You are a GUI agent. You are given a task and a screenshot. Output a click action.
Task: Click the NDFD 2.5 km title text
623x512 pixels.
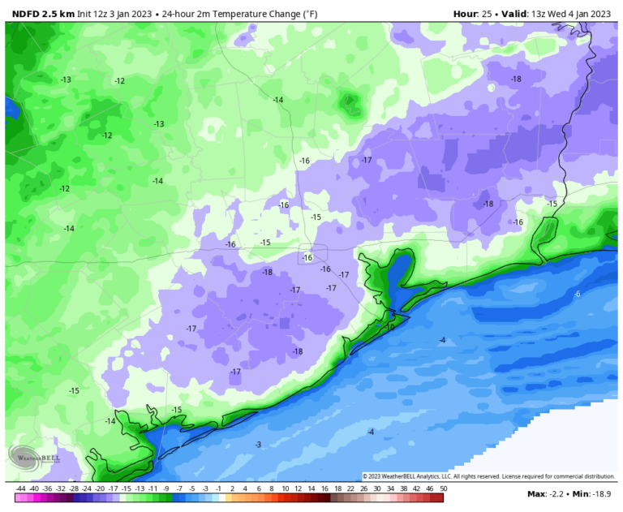pos(41,14)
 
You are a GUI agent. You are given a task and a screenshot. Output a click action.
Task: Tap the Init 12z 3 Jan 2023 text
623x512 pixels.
pos(114,14)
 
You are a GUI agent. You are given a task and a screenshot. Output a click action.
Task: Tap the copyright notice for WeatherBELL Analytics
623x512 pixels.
pos(488,476)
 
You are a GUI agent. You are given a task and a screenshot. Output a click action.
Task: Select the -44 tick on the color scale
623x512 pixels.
pos(20,488)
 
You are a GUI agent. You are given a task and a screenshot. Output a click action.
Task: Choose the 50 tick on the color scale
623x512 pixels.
pos(443,488)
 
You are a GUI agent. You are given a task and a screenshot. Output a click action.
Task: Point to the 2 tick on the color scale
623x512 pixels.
pos(232,488)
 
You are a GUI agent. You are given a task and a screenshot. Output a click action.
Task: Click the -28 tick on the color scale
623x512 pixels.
pos(73,488)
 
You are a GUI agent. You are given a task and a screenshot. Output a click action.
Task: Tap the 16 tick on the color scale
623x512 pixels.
pos(324,488)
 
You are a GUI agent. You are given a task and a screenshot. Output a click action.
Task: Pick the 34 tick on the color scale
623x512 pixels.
pos(390,488)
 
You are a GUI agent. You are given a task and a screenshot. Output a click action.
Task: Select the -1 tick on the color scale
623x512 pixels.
pos(219,488)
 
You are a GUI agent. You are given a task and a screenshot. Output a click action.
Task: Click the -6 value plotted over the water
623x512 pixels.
pos(577,294)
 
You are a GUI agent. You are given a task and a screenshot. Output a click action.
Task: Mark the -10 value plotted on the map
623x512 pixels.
pos(389,328)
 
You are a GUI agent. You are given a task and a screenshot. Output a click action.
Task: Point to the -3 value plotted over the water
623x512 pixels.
pos(258,445)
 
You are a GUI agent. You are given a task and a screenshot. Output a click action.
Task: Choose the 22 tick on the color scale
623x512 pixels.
pos(350,488)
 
